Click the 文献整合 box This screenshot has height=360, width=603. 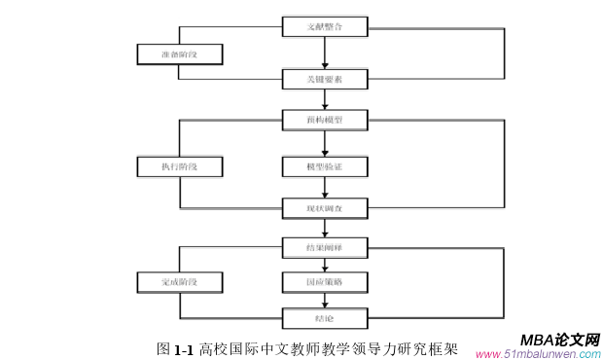point(325,27)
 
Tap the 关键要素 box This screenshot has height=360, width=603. point(325,77)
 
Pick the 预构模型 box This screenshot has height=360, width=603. point(325,121)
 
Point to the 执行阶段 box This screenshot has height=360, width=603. point(179,166)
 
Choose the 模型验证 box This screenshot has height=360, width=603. point(325,166)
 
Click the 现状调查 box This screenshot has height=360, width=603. point(325,207)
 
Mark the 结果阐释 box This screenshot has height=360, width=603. point(325,248)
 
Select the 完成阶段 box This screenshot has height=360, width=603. point(179,282)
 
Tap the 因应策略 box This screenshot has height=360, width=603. point(325,282)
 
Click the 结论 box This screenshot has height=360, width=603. point(325,317)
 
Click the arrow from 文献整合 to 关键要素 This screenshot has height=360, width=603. point(325,53)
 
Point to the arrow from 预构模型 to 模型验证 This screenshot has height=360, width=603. point(325,144)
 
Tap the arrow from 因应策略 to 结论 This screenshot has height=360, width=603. point(325,300)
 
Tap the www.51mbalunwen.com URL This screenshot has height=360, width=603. point(537,354)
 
